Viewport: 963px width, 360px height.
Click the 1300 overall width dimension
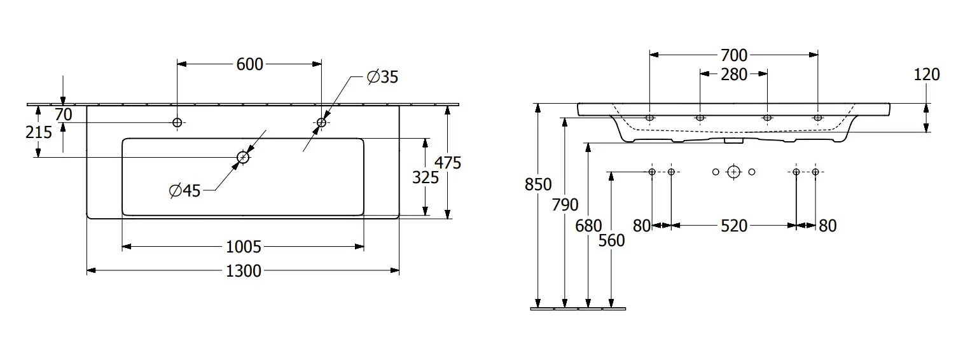coord(244,271)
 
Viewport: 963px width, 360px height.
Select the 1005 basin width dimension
coord(244,247)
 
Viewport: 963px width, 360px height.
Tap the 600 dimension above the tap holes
coord(250,64)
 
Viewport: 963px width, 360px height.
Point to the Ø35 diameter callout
coord(382,77)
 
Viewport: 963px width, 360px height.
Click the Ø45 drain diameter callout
coord(185,191)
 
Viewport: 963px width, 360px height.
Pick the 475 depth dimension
coord(448,163)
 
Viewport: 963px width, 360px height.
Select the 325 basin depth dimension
coord(425,177)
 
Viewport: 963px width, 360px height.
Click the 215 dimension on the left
coord(39,132)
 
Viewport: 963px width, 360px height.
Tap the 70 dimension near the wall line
coord(63,114)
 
